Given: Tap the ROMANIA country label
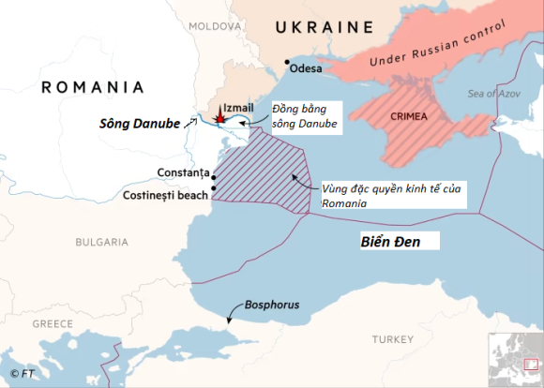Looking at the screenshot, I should (x=93, y=87).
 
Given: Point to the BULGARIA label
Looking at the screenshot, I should (x=101, y=242).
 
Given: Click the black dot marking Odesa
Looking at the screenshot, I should (x=287, y=63).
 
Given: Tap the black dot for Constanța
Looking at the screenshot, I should (x=215, y=175).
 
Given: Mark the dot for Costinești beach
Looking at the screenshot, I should (x=215, y=189).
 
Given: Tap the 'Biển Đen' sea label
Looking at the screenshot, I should (x=391, y=242).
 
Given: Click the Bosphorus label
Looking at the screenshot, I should (x=272, y=305).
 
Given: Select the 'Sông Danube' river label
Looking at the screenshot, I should (x=140, y=124).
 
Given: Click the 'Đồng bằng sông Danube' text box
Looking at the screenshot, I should (x=304, y=115).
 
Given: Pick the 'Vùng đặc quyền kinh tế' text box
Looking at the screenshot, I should (x=392, y=194).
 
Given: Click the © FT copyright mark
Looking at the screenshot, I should (x=22, y=374).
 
